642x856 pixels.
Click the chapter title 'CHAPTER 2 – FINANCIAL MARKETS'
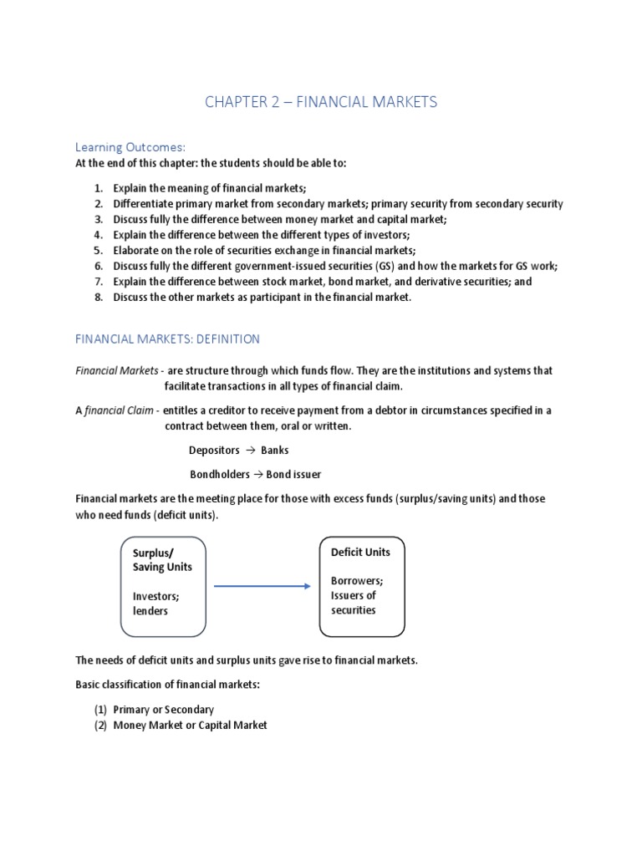[x=321, y=103]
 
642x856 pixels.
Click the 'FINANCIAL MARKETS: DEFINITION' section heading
[x=167, y=339]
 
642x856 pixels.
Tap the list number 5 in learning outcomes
[x=98, y=250]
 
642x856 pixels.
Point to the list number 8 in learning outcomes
[x=98, y=298]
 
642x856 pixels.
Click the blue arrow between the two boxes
[x=262, y=586]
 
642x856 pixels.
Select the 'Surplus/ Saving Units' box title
[x=162, y=559]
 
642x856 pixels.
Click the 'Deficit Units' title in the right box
[x=360, y=552]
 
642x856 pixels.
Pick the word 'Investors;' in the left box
[x=156, y=596]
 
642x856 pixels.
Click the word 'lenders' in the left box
[x=150, y=611]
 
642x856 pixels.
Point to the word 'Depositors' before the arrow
[x=215, y=450]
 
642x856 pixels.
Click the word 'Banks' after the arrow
[x=275, y=450]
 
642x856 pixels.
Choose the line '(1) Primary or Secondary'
[x=154, y=710]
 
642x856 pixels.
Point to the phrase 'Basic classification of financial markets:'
[x=168, y=685]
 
